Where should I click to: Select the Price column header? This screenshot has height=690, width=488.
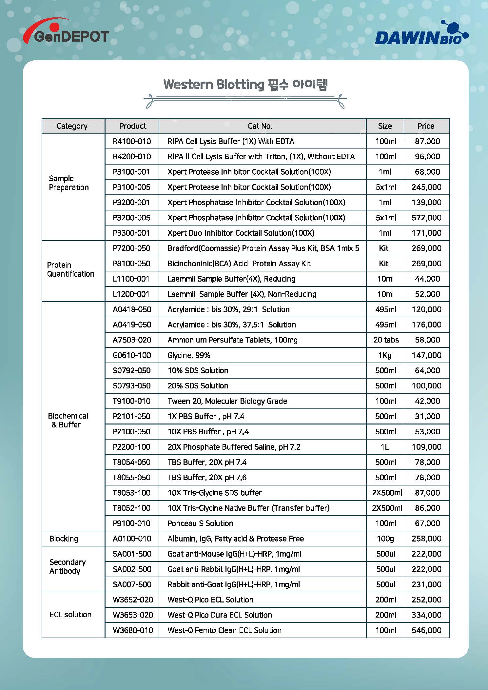pyautogui.click(x=425, y=126)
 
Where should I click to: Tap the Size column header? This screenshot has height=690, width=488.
pyautogui.click(x=385, y=126)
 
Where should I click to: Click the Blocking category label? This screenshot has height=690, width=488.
pyautogui.click(x=64, y=539)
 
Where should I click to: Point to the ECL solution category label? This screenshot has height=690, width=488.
pyautogui.click(x=70, y=615)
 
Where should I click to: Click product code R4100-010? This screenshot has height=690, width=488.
pyautogui.click(x=132, y=141)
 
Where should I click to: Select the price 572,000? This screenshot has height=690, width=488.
pyautogui.click(x=426, y=218)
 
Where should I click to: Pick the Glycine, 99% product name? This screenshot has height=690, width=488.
pyautogui.click(x=189, y=355)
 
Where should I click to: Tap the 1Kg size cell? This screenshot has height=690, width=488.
pyautogui.click(x=385, y=355)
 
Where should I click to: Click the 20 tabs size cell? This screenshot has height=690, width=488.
pyautogui.click(x=386, y=340)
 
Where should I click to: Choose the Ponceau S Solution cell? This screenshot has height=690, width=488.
pyautogui.click(x=200, y=523)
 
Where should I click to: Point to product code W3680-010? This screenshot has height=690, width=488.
pyautogui.click(x=133, y=630)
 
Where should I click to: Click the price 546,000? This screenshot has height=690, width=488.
pyautogui.click(x=426, y=630)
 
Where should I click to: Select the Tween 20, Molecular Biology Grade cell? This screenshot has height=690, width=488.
pyautogui.click(x=227, y=401)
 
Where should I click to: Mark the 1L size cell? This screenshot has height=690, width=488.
pyautogui.click(x=385, y=447)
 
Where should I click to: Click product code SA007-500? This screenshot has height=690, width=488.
pyautogui.click(x=132, y=584)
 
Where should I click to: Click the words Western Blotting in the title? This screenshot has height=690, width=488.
pyautogui.click(x=213, y=85)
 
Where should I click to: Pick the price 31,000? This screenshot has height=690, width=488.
pyautogui.click(x=427, y=416)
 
